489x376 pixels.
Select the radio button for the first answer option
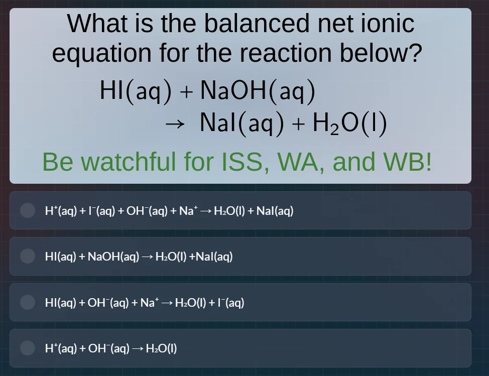tap(28, 210)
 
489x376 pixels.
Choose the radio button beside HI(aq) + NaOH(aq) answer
tap(28, 257)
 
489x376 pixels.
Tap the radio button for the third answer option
tap(28, 302)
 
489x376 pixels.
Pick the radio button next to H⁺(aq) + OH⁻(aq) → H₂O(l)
tap(28, 348)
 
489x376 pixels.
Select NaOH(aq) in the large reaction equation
tap(258, 91)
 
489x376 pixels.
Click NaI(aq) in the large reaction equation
tap(242, 123)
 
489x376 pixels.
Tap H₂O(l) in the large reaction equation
tap(349, 123)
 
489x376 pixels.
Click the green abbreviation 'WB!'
tap(407, 162)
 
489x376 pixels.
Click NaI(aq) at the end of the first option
tap(275, 211)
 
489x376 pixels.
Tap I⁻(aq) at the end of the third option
tap(232, 303)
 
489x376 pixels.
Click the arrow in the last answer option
tap(137, 348)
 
